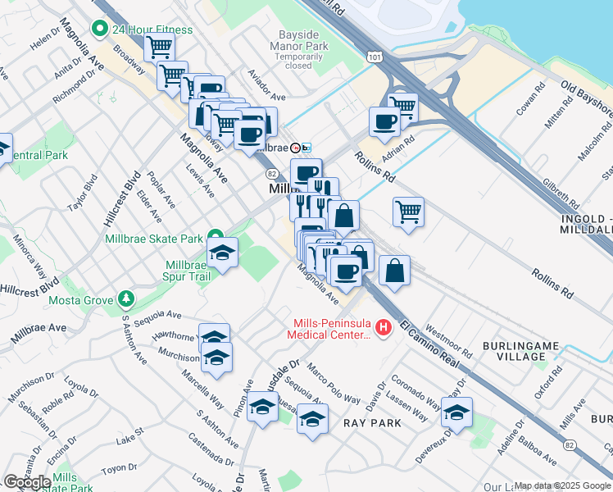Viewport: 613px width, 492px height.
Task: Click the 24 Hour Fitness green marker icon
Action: point(101,30)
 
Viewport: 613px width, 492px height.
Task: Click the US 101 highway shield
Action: point(375,57)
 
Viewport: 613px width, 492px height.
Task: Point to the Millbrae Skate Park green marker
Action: point(216,238)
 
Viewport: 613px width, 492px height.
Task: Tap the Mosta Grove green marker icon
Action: point(125,298)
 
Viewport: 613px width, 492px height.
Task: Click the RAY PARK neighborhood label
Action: point(372,423)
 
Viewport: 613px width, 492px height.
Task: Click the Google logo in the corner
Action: point(27,482)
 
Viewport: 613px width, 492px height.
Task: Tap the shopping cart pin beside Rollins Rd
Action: point(407,212)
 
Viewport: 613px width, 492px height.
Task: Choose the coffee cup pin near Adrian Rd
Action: point(384,122)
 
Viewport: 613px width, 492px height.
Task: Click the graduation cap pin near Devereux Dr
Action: point(456,411)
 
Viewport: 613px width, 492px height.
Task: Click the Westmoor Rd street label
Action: point(449,341)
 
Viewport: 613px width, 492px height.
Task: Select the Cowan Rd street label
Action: point(531,98)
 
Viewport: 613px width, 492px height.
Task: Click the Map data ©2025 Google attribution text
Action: point(562,485)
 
